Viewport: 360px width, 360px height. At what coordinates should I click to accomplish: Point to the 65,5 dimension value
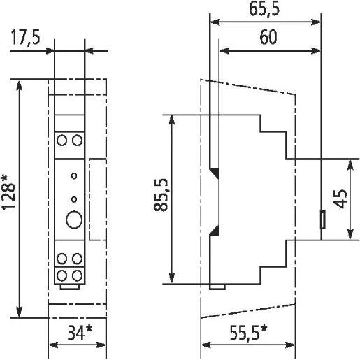pyautogui.click(x=266, y=10)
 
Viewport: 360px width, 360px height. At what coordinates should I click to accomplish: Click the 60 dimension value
pyautogui.click(x=266, y=38)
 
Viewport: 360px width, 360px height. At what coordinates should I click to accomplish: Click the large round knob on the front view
pyautogui.click(x=73, y=220)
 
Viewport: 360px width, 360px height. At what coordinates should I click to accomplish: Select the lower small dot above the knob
pyautogui.click(x=73, y=198)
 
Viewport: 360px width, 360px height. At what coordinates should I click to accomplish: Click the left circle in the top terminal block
pyautogui.click(x=62, y=141)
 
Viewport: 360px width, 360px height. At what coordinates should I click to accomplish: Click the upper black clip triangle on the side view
pyautogui.click(x=215, y=172)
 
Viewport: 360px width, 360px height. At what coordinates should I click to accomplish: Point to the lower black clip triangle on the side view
pyautogui.click(x=215, y=231)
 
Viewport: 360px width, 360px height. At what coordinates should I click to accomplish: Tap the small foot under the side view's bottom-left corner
pyautogui.click(x=217, y=287)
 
